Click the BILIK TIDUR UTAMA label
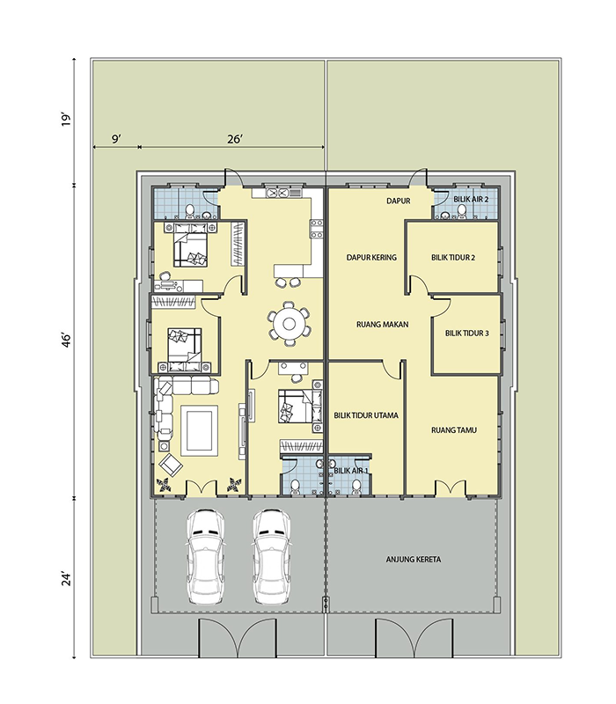click(x=366, y=415)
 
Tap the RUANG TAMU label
click(x=454, y=430)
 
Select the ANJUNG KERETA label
click(x=414, y=560)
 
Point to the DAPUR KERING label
click(x=371, y=257)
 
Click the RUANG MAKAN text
click(x=383, y=324)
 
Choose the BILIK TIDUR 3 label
click(x=467, y=334)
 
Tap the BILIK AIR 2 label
click(x=471, y=199)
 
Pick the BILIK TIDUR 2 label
click(x=453, y=258)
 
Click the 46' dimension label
click(x=67, y=341)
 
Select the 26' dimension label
click(x=234, y=139)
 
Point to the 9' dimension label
click(x=116, y=139)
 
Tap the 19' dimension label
click(x=67, y=120)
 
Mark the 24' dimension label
click(x=67, y=579)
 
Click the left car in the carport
click(x=205, y=557)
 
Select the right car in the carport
click(x=271, y=557)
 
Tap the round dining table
click(x=289, y=324)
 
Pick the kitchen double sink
click(x=277, y=193)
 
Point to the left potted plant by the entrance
click(x=164, y=486)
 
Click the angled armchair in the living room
click(x=171, y=465)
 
